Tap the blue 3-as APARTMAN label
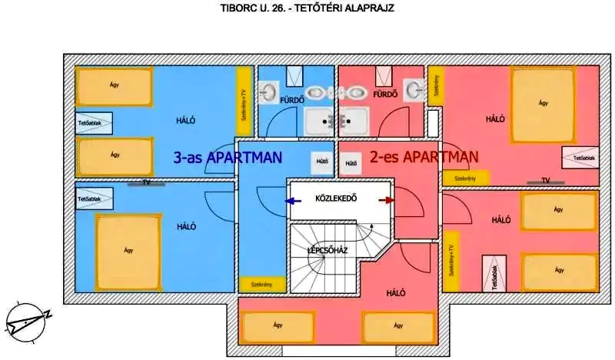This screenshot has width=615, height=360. click(x=228, y=158)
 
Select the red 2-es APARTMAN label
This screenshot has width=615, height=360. click(x=424, y=158)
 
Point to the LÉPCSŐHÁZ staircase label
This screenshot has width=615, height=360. click(x=327, y=250)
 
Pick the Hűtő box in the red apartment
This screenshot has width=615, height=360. click(x=351, y=163)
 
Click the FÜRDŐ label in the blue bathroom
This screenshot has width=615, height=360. click(x=292, y=99)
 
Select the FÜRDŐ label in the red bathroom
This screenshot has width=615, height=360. click(x=384, y=95)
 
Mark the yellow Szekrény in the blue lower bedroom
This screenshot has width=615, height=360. click(x=262, y=284)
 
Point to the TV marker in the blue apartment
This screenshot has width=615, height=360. click(x=145, y=183)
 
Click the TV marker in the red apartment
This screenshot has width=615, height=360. click(x=545, y=182)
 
